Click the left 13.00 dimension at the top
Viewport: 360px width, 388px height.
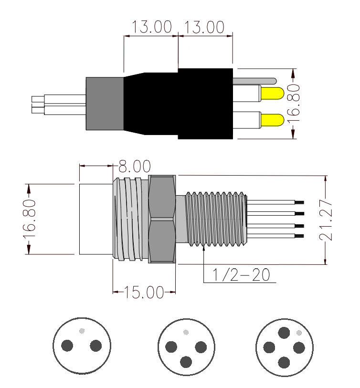152,27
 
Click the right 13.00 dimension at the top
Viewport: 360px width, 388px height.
204,27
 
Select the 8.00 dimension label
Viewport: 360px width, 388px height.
135,167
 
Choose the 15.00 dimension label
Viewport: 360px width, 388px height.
144,292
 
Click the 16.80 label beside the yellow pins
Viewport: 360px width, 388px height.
296,105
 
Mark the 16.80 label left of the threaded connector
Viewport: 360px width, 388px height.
29,219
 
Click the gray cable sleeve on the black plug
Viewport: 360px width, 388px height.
104,104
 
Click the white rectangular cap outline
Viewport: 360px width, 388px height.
95,219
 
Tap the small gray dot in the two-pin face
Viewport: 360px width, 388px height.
83,330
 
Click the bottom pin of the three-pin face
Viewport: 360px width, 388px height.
186,362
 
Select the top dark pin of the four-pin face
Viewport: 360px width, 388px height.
285,332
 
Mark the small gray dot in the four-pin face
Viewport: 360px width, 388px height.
299,332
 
